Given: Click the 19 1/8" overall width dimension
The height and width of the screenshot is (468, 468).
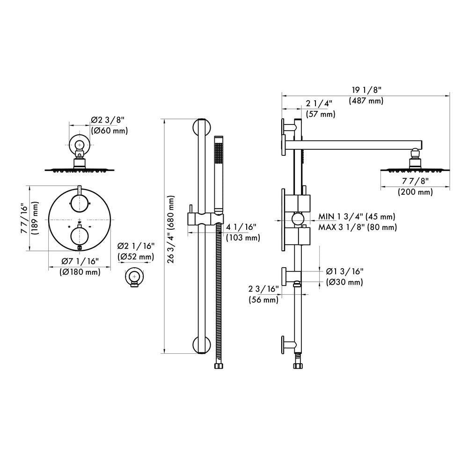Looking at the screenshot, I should point(366,89).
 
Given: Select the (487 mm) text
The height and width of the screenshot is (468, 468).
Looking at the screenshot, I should point(366,100).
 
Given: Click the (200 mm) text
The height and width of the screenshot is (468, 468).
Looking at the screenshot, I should point(415,192).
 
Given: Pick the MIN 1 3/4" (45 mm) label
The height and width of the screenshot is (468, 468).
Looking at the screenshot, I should point(357,216).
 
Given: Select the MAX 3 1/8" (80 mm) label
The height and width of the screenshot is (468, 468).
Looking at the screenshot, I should point(358,227).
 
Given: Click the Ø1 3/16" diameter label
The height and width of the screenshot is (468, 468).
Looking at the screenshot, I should point(344,271).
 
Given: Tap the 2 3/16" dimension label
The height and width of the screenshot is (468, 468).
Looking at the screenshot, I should point(263,289).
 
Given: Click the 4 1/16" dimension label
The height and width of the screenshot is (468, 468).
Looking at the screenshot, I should point(241,227).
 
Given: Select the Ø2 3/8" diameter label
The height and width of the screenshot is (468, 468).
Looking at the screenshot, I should point(109,120).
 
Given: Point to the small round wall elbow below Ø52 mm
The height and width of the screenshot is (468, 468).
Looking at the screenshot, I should point(134,278).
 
